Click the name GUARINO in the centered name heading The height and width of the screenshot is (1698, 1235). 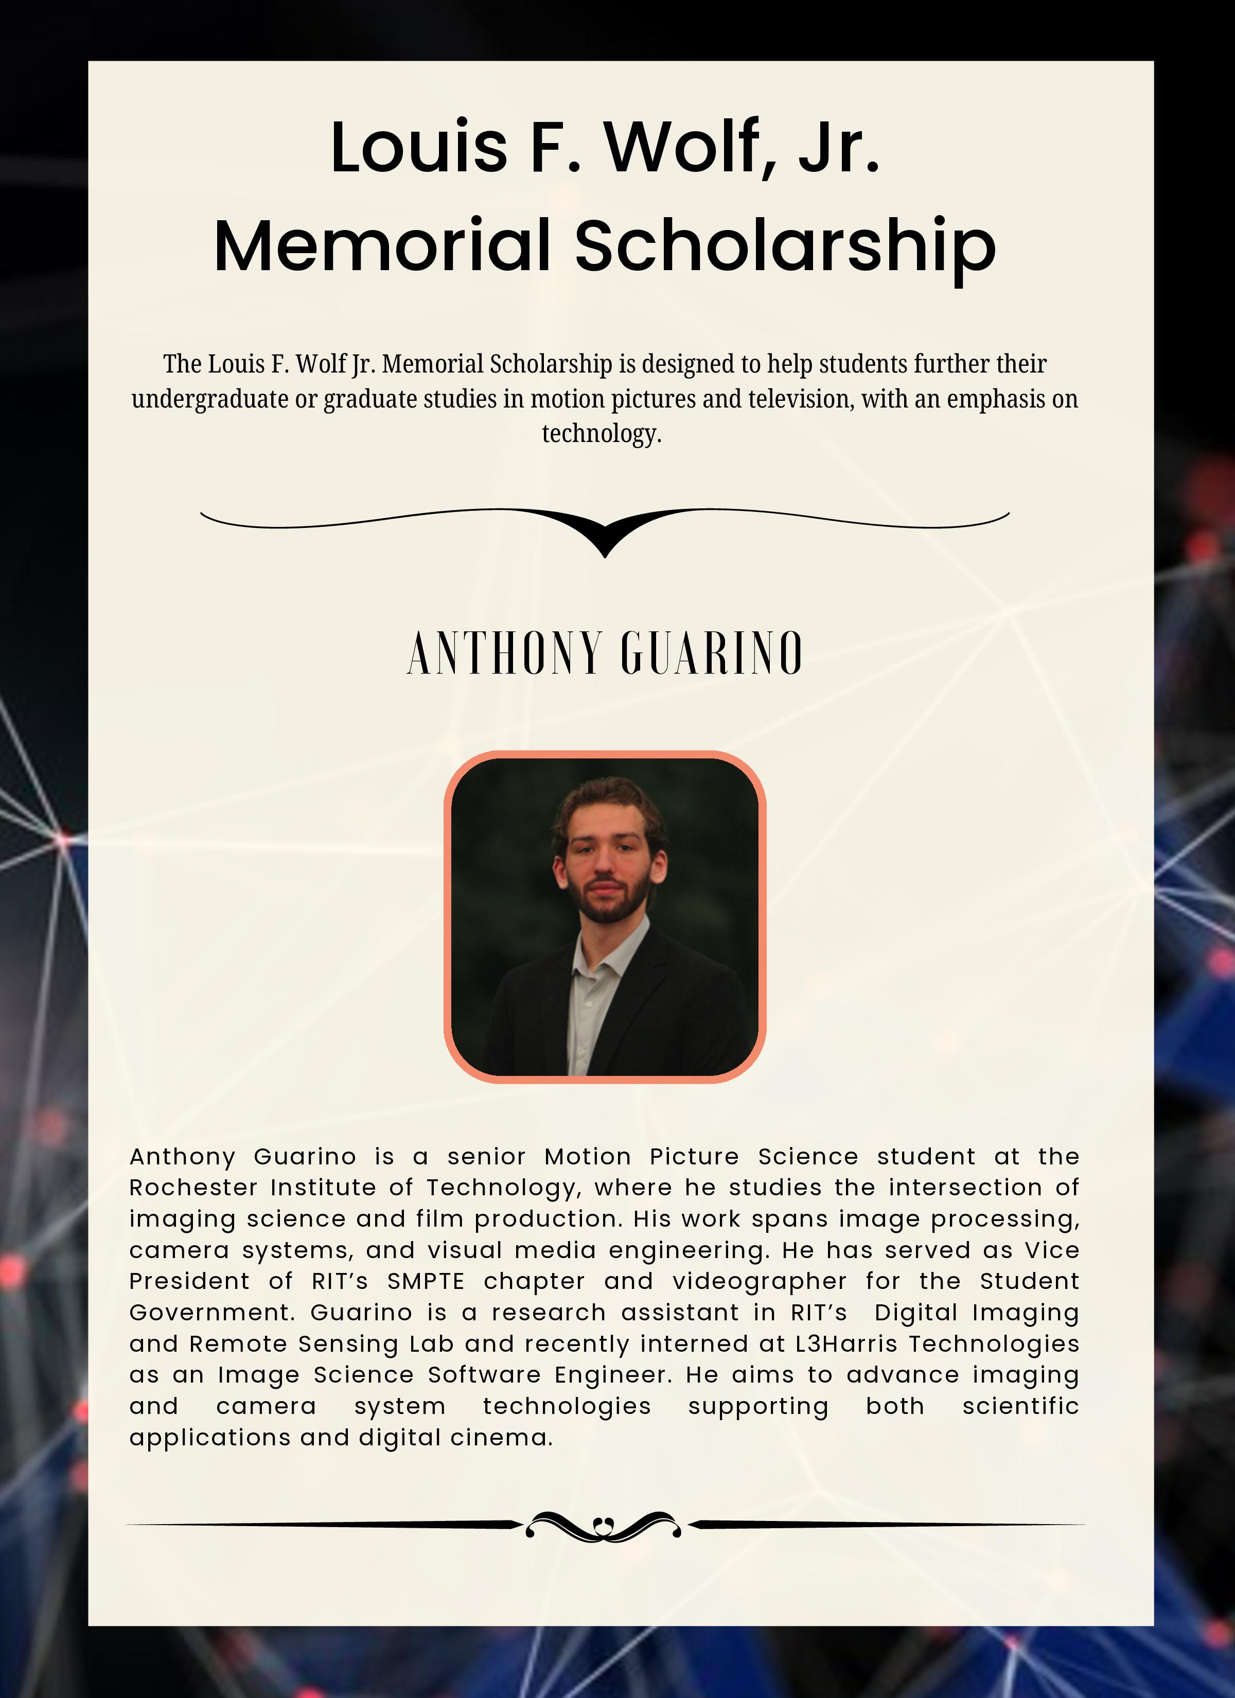(712, 653)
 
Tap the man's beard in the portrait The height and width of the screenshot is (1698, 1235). (608, 906)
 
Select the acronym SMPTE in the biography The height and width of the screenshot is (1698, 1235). (426, 1281)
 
